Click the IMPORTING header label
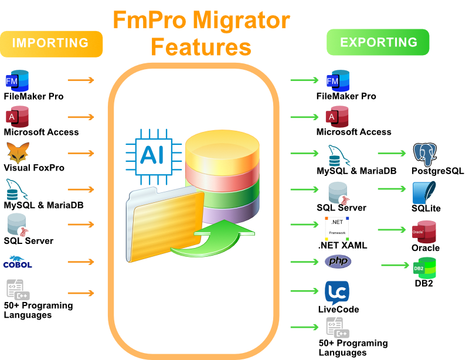pos(50,43)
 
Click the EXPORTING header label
pos(379,42)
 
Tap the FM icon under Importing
pos(12,80)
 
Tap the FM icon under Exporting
pos(332,80)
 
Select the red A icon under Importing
pos(12,117)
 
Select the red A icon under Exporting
pos(332,117)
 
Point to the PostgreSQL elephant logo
pos(424,154)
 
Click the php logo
pos(338,261)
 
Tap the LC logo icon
pos(337,291)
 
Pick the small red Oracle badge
pos(418,232)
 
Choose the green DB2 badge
pos(419,269)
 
